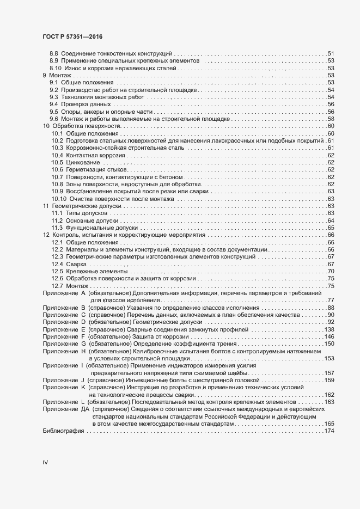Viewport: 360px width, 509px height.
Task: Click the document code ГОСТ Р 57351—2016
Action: point(72,36)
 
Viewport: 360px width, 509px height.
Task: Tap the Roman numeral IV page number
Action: point(45,463)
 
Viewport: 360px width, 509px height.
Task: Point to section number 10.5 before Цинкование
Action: point(57,162)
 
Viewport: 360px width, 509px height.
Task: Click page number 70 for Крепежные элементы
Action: point(330,271)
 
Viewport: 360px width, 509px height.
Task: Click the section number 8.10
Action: point(56,68)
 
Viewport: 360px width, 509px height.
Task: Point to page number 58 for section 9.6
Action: point(330,119)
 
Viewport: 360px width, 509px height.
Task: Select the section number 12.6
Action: point(57,278)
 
